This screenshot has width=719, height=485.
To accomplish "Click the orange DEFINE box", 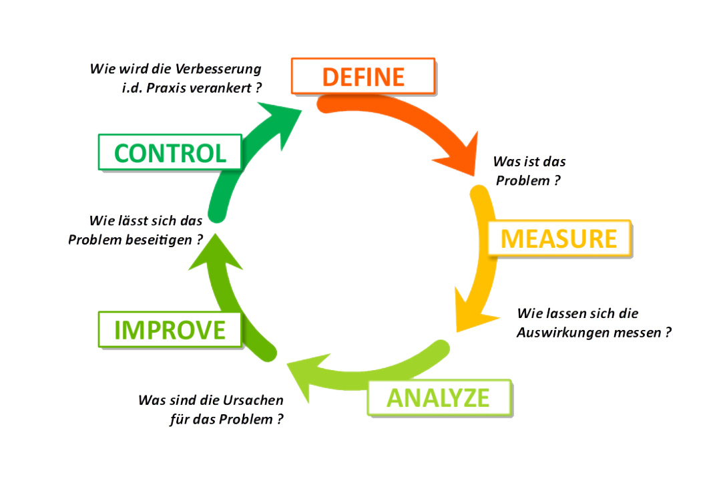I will click(363, 75).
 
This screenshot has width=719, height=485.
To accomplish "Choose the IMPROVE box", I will click(170, 330).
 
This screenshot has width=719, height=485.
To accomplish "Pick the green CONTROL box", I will click(170, 152).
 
